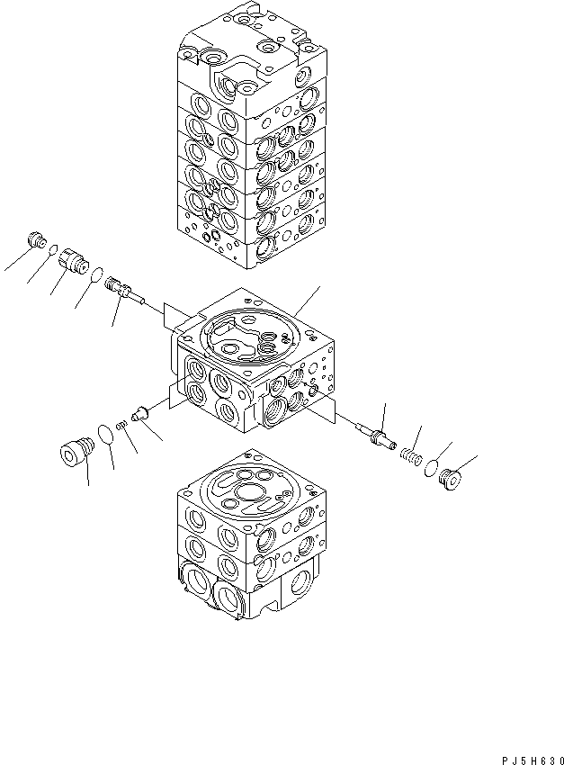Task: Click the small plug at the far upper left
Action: click(x=38, y=239)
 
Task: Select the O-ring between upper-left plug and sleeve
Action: click(x=54, y=251)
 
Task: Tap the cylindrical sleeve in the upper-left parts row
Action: click(x=73, y=263)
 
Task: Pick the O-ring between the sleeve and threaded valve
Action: click(x=96, y=274)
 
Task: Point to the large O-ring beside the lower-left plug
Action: click(x=107, y=435)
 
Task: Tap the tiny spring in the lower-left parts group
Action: click(x=123, y=425)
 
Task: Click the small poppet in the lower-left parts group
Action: click(x=139, y=414)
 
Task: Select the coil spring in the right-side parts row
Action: click(x=410, y=455)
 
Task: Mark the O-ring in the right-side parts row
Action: click(x=432, y=468)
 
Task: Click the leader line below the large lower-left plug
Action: click(x=88, y=472)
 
